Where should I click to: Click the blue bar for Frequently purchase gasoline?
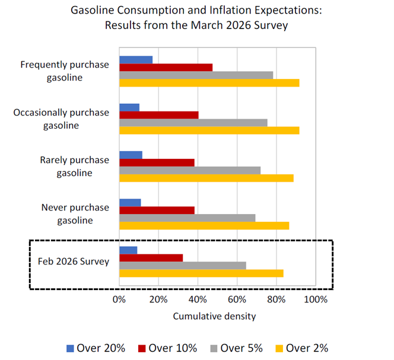coord(136,59)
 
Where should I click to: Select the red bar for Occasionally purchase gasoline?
coord(158,115)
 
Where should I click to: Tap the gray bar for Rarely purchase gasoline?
coord(190,170)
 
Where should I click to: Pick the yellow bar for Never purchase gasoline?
coord(204,225)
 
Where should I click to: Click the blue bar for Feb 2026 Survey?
coord(128,250)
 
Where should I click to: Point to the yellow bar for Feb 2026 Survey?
coord(201,273)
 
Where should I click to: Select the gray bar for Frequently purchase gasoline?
coord(196,75)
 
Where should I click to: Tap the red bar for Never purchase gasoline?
coord(157,210)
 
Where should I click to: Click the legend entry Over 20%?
coord(98,348)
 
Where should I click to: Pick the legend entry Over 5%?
coord(236,348)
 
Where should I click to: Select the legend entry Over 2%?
coord(303,348)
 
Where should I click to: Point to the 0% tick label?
coord(119,299)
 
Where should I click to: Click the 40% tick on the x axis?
coord(198,299)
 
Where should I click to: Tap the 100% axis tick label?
coord(315,299)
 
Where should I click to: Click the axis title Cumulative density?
coord(214,316)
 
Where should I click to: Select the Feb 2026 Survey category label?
coord(74,262)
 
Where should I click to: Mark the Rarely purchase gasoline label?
coord(74,166)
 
